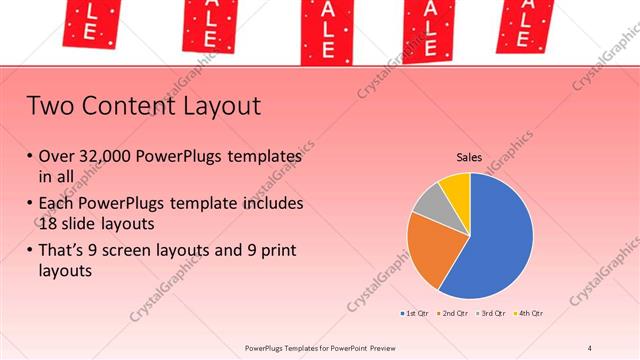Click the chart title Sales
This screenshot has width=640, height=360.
[469, 157]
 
